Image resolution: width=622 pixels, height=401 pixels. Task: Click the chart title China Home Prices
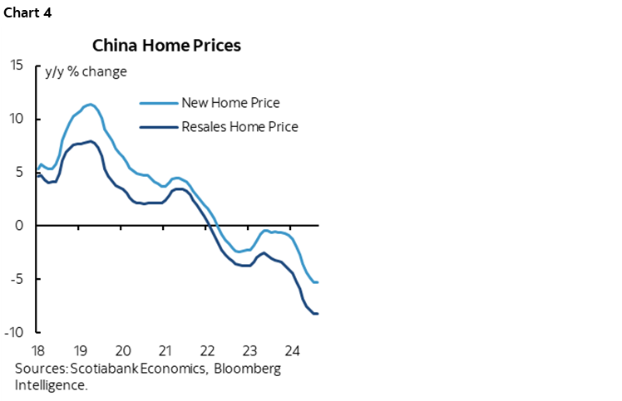tap(166, 46)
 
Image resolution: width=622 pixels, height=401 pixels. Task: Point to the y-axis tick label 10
tap(17, 119)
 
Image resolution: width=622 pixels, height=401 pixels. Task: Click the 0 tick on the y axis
tap(21, 226)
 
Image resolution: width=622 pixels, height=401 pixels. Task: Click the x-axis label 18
tap(37, 349)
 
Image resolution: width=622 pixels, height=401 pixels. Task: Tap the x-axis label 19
tap(80, 349)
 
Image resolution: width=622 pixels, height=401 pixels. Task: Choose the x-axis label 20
tap(122, 349)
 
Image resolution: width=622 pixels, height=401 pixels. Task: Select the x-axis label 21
tap(165, 349)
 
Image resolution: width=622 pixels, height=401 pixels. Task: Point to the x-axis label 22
tap(207, 349)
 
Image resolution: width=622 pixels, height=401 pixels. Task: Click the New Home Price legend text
tap(230, 103)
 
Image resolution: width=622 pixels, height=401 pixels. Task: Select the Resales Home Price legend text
tap(239, 127)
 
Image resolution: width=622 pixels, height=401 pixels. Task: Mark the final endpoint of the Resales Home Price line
tap(318, 313)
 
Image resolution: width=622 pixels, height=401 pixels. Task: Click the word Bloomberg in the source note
tap(248, 369)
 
